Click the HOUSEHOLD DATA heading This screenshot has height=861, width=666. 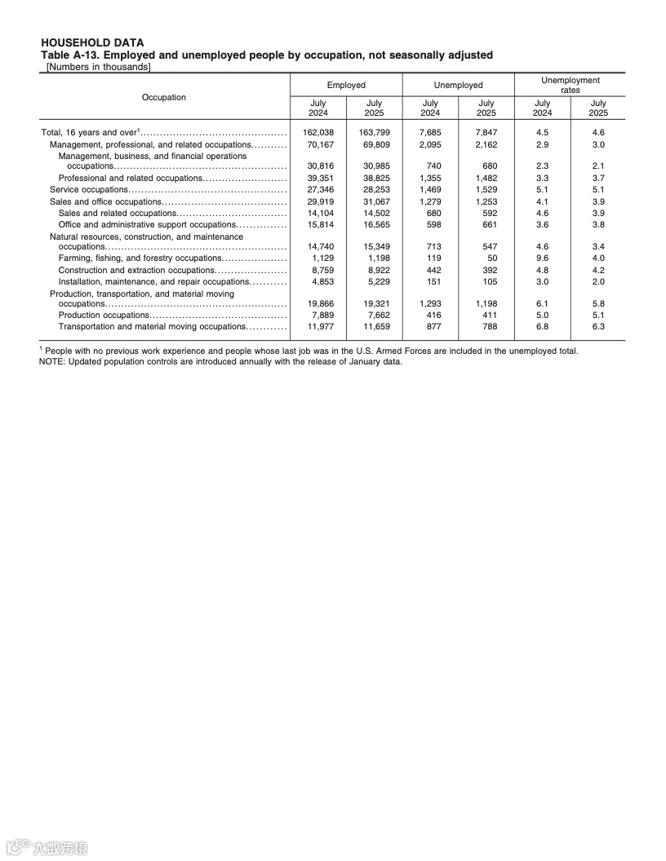[x=91, y=42]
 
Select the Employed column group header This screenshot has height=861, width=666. [x=346, y=85]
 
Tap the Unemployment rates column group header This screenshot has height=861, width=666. [x=570, y=85]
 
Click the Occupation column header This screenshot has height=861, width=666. [x=163, y=97]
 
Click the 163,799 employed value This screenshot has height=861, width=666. [x=374, y=132]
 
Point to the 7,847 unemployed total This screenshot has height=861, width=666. [x=486, y=132]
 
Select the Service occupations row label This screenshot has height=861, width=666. [x=89, y=189]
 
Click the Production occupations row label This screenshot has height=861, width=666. [x=103, y=315]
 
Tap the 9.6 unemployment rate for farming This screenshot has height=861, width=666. [x=542, y=258]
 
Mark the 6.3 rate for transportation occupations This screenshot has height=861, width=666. [x=598, y=326]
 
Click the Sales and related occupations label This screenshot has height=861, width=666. [x=118, y=212]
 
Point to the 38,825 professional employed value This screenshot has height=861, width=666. [x=374, y=178]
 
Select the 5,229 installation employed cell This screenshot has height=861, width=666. [x=374, y=281]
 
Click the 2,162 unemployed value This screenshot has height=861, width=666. [x=486, y=144]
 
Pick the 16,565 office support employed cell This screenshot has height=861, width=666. [x=374, y=224]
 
